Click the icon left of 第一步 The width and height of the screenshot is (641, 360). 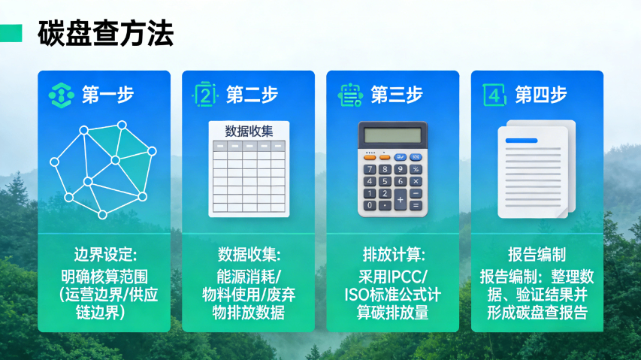point(60,95)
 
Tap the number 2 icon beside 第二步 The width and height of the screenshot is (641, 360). point(205,95)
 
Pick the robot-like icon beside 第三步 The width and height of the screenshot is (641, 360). point(349,95)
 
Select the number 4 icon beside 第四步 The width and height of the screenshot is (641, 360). point(493,95)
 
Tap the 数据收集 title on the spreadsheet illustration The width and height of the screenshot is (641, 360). point(249,130)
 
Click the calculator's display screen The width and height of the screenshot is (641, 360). point(392,137)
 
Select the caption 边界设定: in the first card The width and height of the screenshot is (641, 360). point(104,253)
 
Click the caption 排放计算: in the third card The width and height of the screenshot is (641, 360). point(393,253)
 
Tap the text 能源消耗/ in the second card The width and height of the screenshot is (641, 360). point(249,274)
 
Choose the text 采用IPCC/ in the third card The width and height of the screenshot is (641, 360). point(393,274)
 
